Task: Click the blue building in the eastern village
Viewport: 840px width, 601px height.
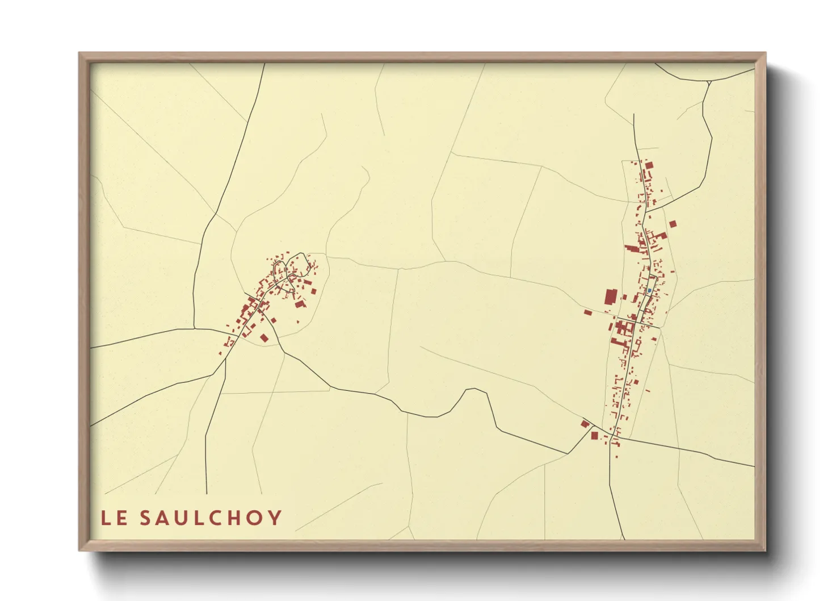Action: pos(649,290)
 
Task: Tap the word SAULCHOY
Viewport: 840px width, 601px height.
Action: pos(211,518)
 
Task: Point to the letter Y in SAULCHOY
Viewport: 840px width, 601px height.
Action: pos(275,518)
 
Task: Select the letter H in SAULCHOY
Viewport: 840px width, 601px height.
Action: pos(232,518)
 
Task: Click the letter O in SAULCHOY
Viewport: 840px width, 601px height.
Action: pos(254,518)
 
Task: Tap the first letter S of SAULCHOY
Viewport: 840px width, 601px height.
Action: pos(145,518)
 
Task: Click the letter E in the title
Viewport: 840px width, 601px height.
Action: pos(121,518)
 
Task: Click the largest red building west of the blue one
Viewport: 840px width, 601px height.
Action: pos(610,297)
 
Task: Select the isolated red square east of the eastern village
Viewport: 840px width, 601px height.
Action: pos(673,224)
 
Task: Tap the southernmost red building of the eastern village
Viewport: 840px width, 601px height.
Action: pos(616,457)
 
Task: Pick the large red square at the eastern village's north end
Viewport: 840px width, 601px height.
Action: pos(649,165)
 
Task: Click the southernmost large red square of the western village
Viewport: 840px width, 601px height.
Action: pos(264,338)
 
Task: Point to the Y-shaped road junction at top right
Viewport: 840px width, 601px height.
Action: pos(708,83)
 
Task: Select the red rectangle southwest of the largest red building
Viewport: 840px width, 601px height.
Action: pos(588,312)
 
